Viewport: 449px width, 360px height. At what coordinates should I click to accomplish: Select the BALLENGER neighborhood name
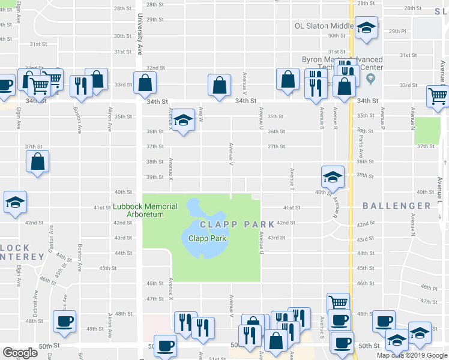point(397,206)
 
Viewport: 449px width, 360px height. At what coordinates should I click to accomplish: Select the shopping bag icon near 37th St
point(38,161)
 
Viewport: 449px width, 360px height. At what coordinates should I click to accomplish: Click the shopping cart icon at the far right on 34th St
point(438,95)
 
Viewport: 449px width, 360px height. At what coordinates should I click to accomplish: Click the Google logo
point(20,353)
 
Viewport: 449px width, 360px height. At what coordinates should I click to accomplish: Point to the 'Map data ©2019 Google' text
point(412,355)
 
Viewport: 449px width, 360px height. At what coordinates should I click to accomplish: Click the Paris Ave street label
point(361,141)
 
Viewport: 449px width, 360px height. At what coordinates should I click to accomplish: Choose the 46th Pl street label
point(429,288)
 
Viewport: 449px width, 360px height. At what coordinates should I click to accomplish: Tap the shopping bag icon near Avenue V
point(219,85)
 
